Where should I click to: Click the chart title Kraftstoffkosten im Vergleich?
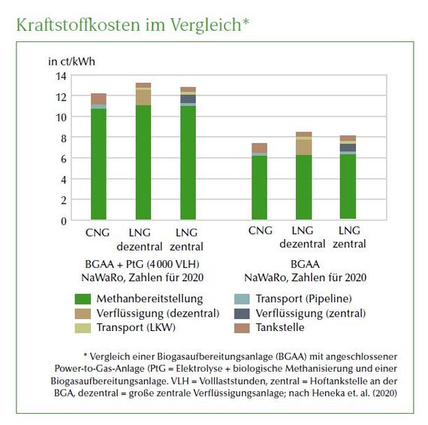tap(133, 25)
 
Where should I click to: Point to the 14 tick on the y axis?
tap(61, 76)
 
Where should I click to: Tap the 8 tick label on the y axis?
tap(64, 138)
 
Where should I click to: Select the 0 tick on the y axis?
tap(64, 221)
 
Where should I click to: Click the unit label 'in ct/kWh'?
tap(72, 62)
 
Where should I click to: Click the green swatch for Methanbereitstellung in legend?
tap(83, 299)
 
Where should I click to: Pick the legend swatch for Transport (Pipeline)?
tap(242, 299)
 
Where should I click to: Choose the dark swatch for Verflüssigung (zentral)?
tap(242, 314)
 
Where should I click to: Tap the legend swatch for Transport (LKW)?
tap(83, 328)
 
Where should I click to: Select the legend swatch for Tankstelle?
tap(242, 328)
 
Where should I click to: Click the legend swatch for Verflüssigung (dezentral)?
tap(83, 314)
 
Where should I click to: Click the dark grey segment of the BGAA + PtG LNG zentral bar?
tap(188, 99)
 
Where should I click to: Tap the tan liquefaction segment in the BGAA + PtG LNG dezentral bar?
tap(143, 97)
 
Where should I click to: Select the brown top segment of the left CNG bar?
tap(98, 99)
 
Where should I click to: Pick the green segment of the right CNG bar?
tap(259, 187)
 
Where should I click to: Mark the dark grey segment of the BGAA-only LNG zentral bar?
tap(348, 147)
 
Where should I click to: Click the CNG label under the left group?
tap(98, 232)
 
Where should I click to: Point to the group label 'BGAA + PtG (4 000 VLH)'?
tap(142, 264)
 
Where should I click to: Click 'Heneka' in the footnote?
tap(326, 393)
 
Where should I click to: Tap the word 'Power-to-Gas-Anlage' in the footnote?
tap(99, 369)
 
